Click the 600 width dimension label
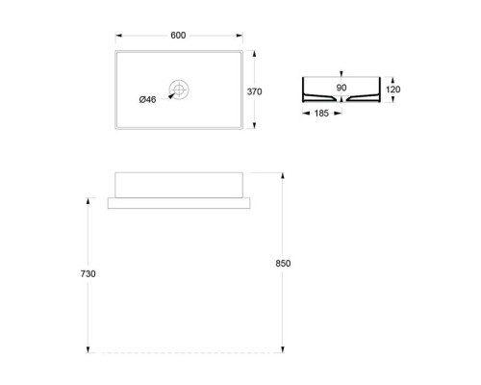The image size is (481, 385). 179,35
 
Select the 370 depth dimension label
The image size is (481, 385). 255,91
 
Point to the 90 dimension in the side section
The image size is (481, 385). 342,88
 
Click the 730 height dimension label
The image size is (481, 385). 89,273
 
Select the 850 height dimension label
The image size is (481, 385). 282,263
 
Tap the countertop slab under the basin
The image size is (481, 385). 179,202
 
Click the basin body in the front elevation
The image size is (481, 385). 179,185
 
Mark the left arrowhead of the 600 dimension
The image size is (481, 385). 118,36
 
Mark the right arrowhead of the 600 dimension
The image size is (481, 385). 240,36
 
